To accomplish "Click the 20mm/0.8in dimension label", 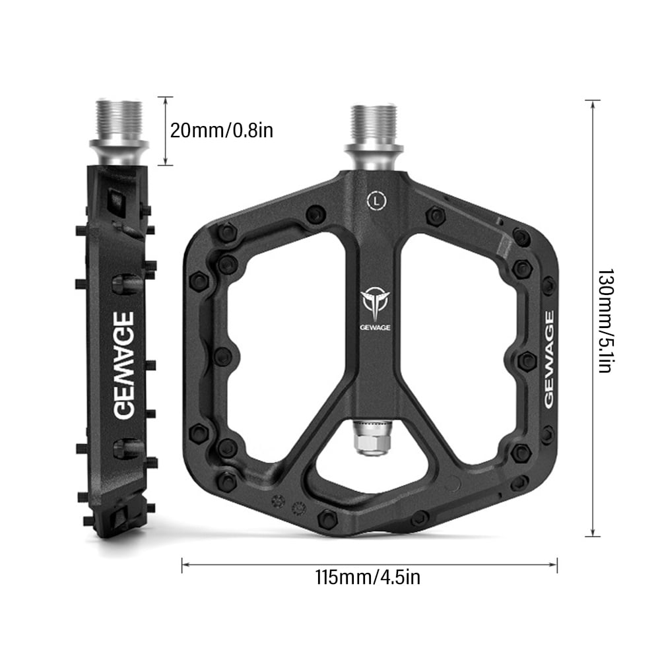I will click(221, 130).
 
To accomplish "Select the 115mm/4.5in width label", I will click(368, 577).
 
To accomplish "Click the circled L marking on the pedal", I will click(376, 198).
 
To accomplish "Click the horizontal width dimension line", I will click(370, 564).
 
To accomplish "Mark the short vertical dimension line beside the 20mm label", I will click(165, 131).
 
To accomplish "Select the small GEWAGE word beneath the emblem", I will click(374, 325).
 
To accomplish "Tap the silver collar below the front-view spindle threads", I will click(374, 156).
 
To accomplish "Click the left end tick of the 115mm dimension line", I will click(182, 564).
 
